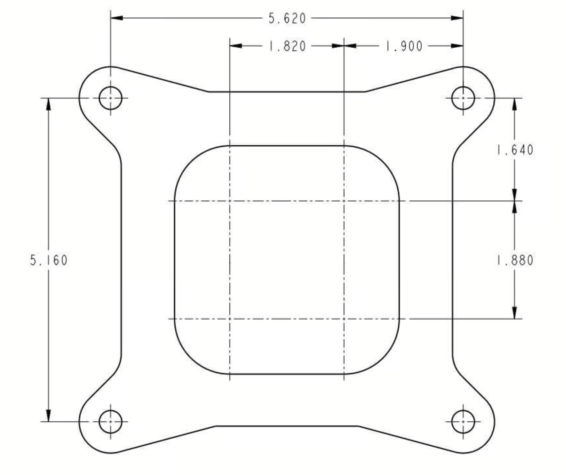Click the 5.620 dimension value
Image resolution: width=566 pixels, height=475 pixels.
pos(287,18)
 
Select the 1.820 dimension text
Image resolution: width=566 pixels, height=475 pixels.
pos(287,46)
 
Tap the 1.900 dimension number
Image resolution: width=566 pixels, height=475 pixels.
pos(404,46)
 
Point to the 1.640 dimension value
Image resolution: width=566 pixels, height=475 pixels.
pos(515,150)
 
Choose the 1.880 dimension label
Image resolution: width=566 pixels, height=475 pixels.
pos(515,260)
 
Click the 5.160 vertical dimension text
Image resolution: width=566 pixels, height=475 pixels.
pos(49,260)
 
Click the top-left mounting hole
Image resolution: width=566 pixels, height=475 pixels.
pos(110,98)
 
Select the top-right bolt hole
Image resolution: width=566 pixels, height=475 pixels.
pos(463,98)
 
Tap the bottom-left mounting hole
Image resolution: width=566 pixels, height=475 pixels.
pos(110,421)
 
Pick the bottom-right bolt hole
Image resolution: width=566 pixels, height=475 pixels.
pos(463,421)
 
